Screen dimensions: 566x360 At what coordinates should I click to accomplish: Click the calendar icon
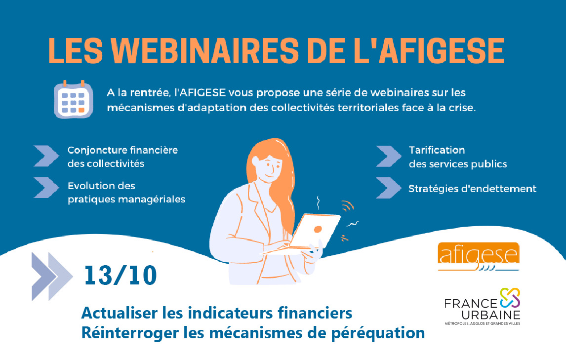[x=73, y=99]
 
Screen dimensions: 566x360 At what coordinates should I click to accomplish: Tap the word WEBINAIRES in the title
[x=205, y=51]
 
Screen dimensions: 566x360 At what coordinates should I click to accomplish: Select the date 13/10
[x=121, y=276]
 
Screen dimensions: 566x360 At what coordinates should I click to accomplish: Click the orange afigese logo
[x=479, y=256]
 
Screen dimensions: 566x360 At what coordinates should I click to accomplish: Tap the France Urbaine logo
[x=482, y=307]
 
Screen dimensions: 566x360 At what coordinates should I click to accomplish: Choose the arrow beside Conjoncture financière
[x=46, y=156]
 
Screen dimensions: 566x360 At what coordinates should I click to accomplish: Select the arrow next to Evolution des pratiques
[x=46, y=187]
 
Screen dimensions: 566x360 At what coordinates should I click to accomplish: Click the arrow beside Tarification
[x=388, y=157]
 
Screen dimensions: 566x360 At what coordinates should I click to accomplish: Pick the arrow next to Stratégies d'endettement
[x=388, y=188]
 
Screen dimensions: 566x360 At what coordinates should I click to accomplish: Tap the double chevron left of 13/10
[x=52, y=276]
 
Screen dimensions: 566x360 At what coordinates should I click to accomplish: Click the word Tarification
[x=437, y=150]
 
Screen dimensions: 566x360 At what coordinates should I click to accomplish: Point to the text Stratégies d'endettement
[x=472, y=189]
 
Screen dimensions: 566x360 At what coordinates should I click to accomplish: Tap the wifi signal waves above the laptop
[x=348, y=206]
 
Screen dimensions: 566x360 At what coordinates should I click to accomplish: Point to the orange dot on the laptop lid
[x=318, y=229]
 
